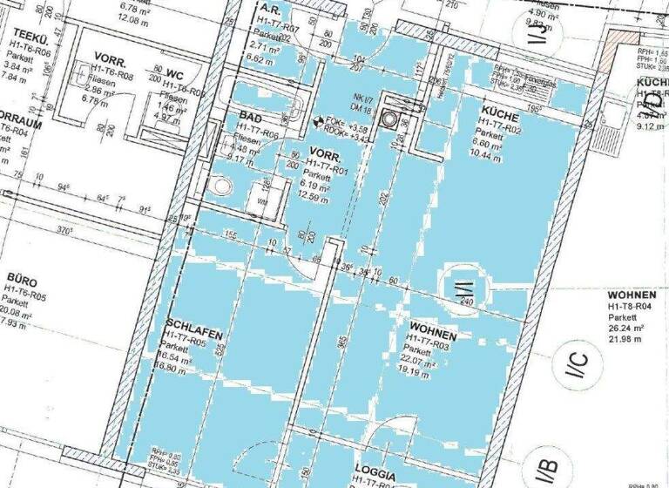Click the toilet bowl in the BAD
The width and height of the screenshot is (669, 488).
(x=221, y=186)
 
